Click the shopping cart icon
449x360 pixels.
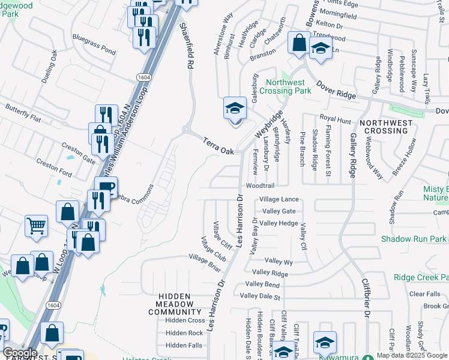36,226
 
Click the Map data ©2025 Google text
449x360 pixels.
412,355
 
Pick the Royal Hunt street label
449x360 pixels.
334,120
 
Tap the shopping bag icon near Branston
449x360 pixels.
298,43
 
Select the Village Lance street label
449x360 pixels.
279,199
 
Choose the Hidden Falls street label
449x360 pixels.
184,345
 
